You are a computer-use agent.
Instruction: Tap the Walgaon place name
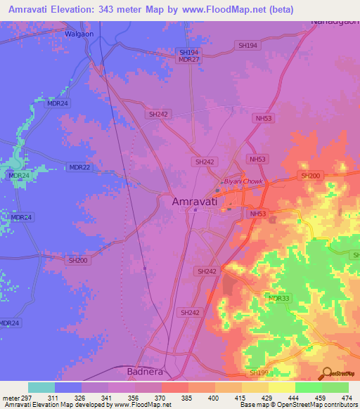[79, 33]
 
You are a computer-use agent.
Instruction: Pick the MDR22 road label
[79, 167]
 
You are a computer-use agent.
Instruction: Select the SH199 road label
[259, 372]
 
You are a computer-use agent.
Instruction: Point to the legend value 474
[347, 397]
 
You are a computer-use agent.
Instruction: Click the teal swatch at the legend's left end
[41, 387]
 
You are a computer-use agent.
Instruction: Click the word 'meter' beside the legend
[12, 397]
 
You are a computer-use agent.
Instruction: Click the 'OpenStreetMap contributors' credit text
[318, 405]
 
